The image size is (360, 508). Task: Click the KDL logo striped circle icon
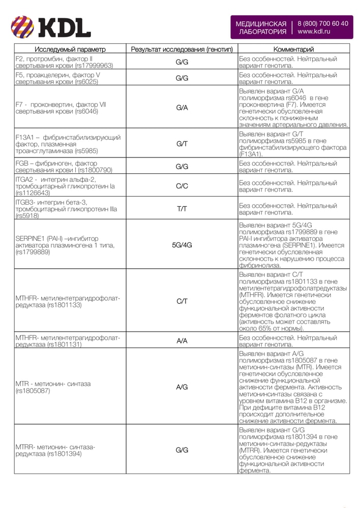(22, 27)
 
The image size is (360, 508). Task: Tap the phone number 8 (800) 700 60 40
(323, 23)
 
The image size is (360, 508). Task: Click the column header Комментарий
(294, 49)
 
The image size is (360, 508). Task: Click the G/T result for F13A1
(182, 144)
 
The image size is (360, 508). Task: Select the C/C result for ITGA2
(182, 186)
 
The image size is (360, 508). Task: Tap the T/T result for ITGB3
(182, 208)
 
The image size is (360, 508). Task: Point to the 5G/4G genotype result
(182, 244)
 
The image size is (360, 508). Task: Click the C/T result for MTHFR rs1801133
(182, 301)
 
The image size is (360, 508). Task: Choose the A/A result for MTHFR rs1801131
(182, 341)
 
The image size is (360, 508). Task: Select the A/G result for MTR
(182, 387)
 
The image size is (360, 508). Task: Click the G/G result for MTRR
(182, 450)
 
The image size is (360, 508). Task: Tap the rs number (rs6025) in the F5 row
(86, 81)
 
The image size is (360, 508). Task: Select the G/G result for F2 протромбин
(182, 62)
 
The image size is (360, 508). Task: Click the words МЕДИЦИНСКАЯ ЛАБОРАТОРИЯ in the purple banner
(261, 27)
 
